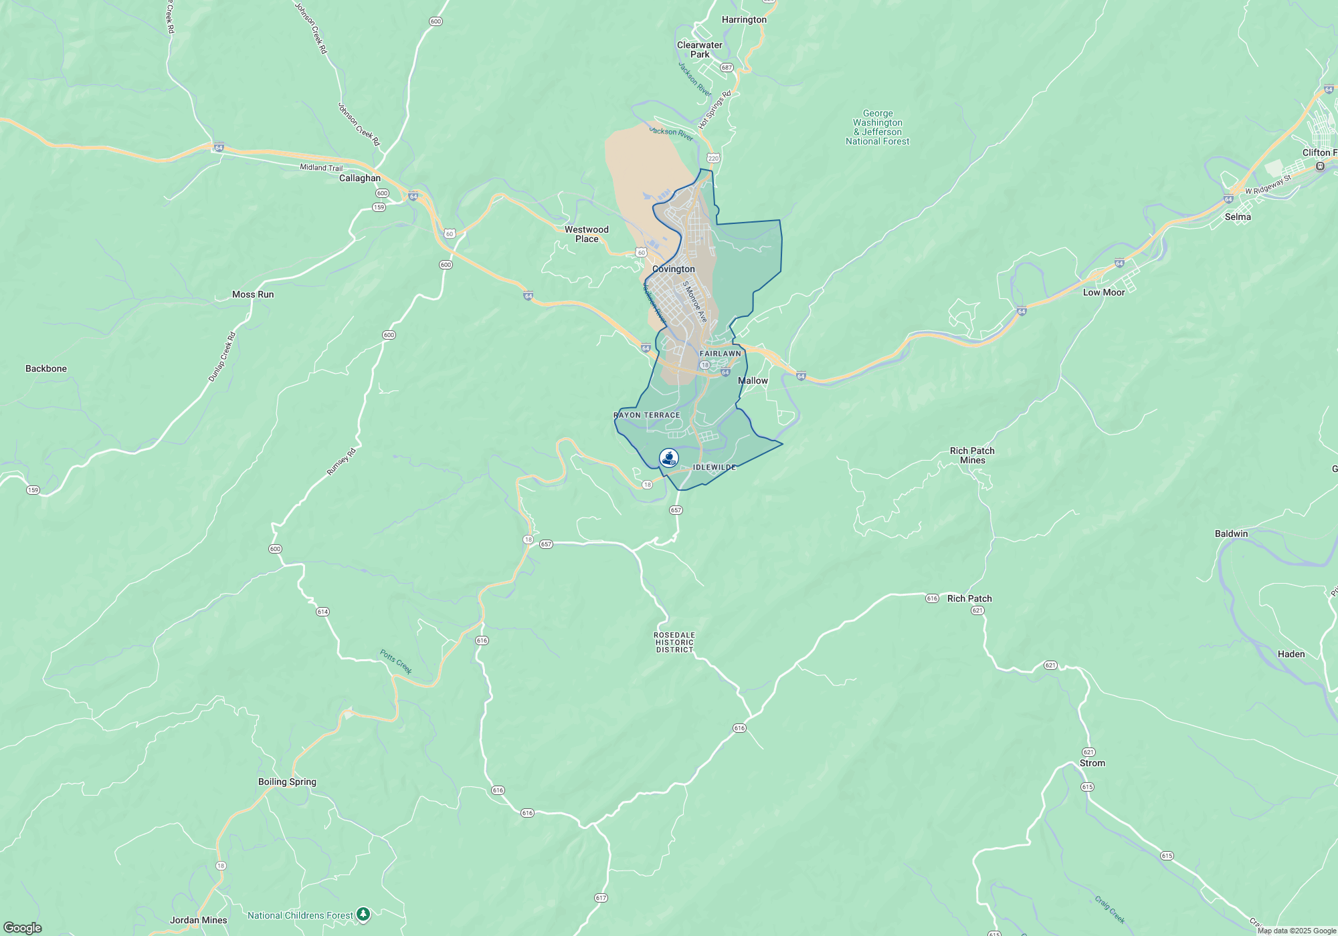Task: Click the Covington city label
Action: pyautogui.click(x=673, y=269)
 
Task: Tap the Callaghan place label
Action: pyautogui.click(x=359, y=178)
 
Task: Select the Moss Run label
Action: pyautogui.click(x=252, y=294)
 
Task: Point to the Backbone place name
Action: pyautogui.click(x=46, y=368)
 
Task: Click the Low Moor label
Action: pyautogui.click(x=1104, y=292)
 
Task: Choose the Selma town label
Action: pyautogui.click(x=1238, y=217)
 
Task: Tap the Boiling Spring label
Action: pyautogui.click(x=287, y=782)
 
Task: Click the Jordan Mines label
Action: pyautogui.click(x=198, y=920)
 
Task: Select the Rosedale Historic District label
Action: pyautogui.click(x=674, y=642)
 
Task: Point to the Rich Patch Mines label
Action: pyautogui.click(x=972, y=455)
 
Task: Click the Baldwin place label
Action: pyautogui.click(x=1231, y=534)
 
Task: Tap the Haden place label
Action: pyautogui.click(x=1291, y=654)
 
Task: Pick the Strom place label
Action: pyautogui.click(x=1092, y=763)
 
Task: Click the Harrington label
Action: pyautogui.click(x=744, y=19)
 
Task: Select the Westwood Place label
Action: pyautogui.click(x=586, y=234)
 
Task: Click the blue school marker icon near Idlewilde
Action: pyautogui.click(x=668, y=458)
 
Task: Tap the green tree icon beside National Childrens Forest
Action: pyautogui.click(x=363, y=914)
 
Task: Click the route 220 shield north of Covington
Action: pyautogui.click(x=713, y=158)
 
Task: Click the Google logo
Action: pyautogui.click(x=23, y=927)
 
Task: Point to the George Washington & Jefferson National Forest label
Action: pyautogui.click(x=877, y=127)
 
